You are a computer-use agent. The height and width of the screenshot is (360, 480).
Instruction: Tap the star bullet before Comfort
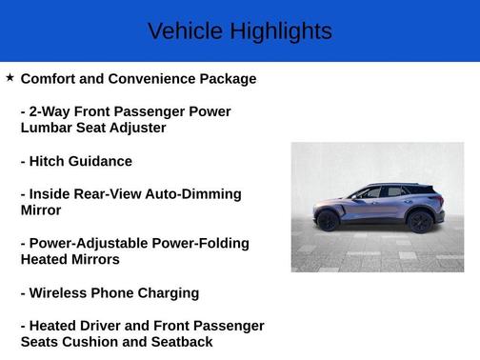point(10,77)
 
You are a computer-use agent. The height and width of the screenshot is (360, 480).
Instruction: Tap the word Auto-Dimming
point(193,194)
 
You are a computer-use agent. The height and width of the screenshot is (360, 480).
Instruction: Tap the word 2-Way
point(51,111)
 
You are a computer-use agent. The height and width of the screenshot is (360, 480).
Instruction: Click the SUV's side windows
point(381,192)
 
